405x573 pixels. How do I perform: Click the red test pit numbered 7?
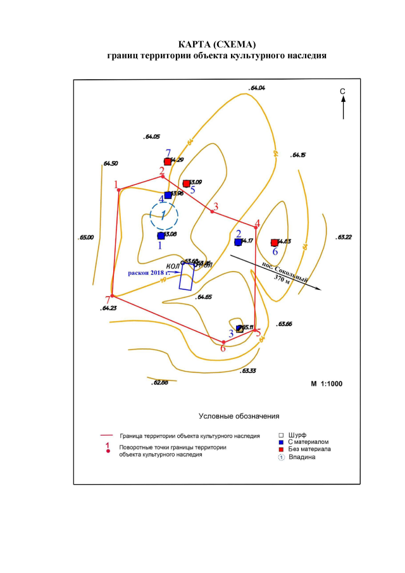point(167,161)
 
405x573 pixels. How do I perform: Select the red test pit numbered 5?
point(186,184)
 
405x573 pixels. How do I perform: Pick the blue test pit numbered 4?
point(168,195)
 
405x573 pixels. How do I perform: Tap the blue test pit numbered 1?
point(161,236)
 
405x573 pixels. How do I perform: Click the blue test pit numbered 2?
point(238,241)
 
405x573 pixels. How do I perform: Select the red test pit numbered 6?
point(274,242)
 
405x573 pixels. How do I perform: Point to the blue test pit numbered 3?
point(239,328)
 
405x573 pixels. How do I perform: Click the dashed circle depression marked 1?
point(164,215)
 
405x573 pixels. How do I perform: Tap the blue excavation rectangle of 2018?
point(185,277)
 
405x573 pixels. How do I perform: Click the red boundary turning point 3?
point(212,211)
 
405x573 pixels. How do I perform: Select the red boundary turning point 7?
point(112,296)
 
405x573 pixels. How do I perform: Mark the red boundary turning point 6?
point(223,342)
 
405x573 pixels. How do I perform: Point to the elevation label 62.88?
point(160,383)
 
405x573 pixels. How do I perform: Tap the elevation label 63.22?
point(345,237)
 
